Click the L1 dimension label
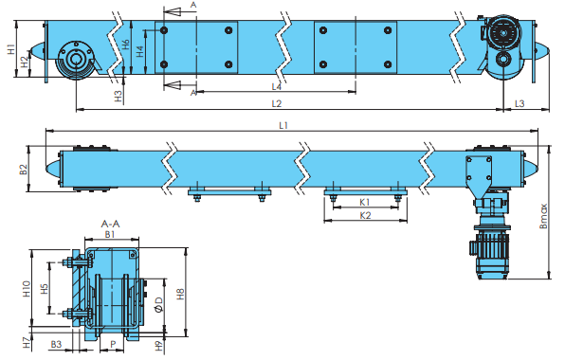tap(283, 125)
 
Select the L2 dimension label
tap(277, 103)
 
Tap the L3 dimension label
tap(519, 103)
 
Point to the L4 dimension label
tap(277, 87)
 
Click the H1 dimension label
tap(10, 49)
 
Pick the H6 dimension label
tap(125, 45)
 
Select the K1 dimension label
tap(365, 202)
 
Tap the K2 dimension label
tap(365, 215)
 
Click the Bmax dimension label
tap(543, 216)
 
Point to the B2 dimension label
tap(24, 170)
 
